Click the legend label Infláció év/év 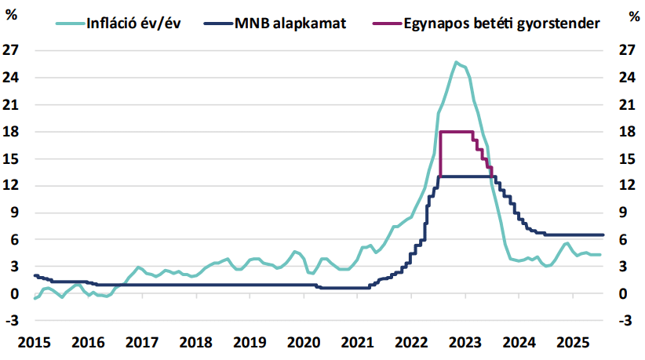click(139, 24)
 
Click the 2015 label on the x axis click(35, 343)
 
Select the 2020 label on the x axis click(304, 343)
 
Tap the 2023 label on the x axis click(465, 343)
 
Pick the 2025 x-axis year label click(573, 343)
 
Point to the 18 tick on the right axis click(619, 132)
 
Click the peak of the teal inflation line click(456, 62)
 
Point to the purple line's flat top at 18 click(457, 132)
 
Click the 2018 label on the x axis click(196, 343)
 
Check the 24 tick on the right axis click(619, 78)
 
